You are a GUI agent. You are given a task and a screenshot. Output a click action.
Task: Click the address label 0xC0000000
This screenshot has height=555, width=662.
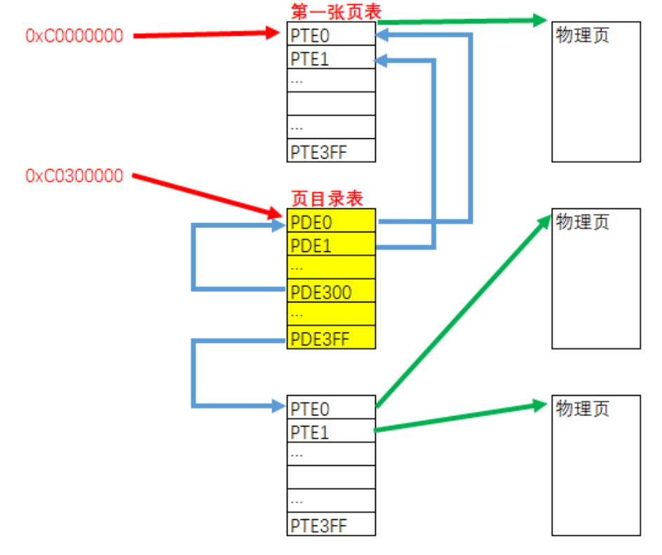74,36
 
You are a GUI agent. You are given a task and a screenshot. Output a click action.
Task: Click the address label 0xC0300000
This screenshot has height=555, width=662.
74,175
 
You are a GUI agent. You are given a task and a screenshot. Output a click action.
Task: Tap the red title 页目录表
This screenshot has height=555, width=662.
327,199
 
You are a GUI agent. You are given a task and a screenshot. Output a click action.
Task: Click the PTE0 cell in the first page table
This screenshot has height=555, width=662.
331,34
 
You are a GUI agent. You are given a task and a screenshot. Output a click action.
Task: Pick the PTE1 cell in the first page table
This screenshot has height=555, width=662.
331,58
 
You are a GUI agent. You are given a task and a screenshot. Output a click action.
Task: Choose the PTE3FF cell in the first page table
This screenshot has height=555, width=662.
331,152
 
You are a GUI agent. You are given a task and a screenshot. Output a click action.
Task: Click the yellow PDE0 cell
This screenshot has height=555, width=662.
331,222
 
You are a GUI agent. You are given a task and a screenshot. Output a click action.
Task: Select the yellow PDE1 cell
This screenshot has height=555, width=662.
331,245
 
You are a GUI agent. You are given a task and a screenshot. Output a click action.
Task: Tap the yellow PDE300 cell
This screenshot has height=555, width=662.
331,291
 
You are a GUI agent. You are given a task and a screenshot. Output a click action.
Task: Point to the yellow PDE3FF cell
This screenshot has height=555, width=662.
331,338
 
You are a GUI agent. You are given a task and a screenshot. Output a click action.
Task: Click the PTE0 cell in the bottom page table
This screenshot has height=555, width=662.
331,408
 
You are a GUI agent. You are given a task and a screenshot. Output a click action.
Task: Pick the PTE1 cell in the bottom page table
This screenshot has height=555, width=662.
331,432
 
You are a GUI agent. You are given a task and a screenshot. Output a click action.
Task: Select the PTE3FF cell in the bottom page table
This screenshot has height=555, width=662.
331,525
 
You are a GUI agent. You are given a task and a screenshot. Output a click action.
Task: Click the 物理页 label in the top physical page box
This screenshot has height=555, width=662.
582,35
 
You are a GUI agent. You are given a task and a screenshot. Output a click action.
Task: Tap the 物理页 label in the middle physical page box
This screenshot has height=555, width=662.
582,222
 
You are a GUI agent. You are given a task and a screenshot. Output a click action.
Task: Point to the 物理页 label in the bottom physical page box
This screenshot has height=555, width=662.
582,409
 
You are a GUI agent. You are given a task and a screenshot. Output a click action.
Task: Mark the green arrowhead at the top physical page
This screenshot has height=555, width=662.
539,20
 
